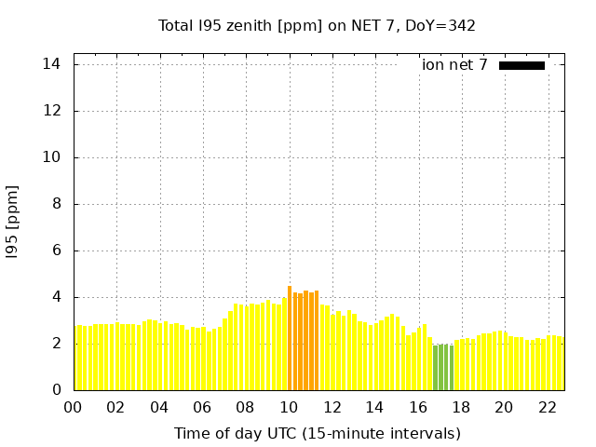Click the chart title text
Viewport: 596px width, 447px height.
point(317,25)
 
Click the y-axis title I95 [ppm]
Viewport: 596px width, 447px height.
point(12,222)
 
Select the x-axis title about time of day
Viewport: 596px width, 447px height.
point(317,433)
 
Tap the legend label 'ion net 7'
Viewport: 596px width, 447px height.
point(454,65)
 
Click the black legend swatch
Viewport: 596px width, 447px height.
point(521,65)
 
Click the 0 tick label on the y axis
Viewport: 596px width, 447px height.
point(57,390)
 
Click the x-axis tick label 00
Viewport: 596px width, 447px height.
point(74,407)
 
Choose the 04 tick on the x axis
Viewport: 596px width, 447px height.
point(159,407)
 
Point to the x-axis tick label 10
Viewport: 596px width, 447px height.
point(289,407)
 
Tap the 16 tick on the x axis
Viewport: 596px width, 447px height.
point(418,407)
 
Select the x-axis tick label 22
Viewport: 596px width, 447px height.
point(548,407)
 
